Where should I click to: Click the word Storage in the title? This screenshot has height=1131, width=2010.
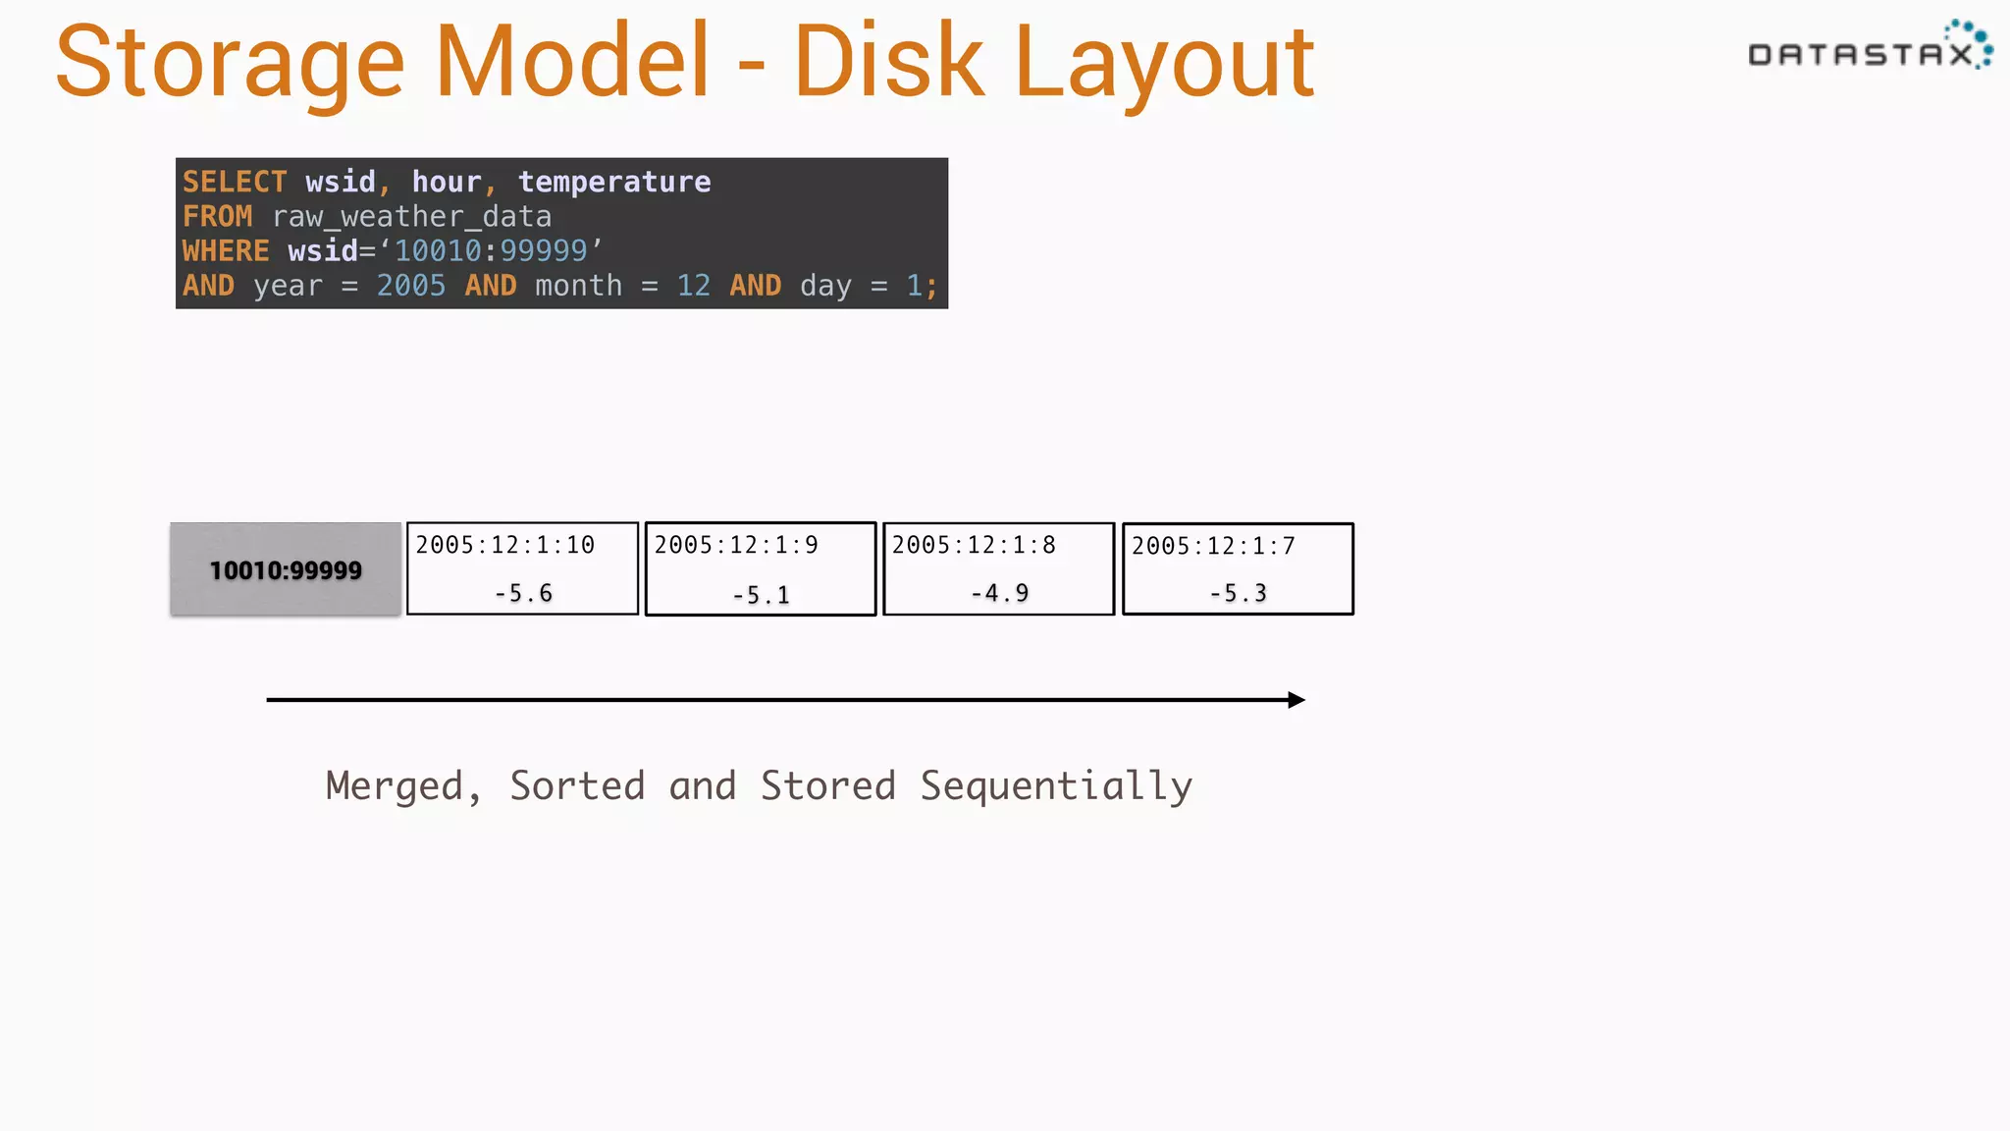230,63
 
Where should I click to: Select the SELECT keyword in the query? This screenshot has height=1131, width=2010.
235,182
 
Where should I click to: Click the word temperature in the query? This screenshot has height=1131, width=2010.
614,182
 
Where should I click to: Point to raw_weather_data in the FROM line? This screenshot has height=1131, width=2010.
412,216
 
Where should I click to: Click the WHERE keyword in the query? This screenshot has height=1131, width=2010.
226,251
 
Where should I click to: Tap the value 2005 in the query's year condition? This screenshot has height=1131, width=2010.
411,286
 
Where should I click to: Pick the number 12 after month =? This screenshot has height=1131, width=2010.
693,286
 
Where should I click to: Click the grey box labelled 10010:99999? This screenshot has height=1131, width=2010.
286,569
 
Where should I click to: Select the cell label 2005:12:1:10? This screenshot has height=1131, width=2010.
504,545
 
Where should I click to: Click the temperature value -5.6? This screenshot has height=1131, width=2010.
523,593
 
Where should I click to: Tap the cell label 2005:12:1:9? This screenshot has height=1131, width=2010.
736,545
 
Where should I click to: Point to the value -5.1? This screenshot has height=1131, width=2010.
761,595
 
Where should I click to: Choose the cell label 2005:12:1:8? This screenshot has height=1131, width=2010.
974,545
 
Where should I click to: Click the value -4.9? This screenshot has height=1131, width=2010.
999,593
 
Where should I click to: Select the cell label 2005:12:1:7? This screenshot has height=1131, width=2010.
1213,546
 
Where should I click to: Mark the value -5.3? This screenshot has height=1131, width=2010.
1238,593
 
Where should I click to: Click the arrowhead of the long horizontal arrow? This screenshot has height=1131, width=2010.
1296,700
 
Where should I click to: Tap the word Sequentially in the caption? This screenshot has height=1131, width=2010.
1056,786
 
